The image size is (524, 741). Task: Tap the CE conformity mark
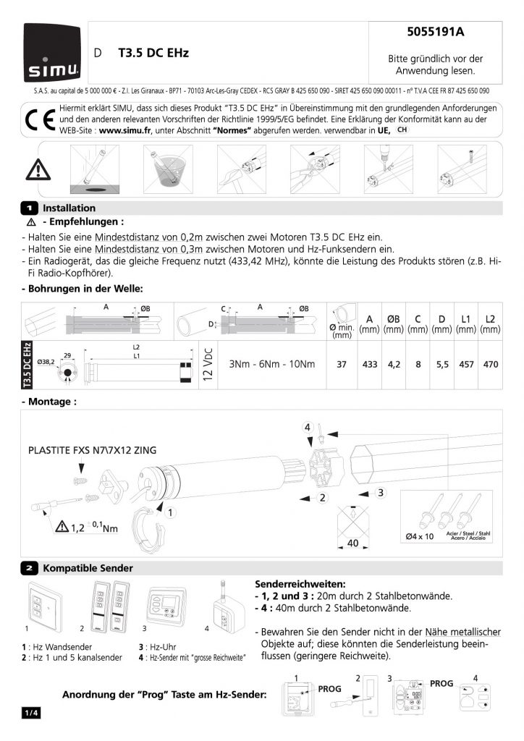36,121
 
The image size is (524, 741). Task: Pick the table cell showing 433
369,364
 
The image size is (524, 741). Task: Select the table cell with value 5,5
441,364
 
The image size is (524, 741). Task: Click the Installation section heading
69,208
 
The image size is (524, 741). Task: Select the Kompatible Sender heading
88,568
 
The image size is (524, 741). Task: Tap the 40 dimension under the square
353,542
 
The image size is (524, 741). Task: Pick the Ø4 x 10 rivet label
420,536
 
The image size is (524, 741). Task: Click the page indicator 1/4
31,714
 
